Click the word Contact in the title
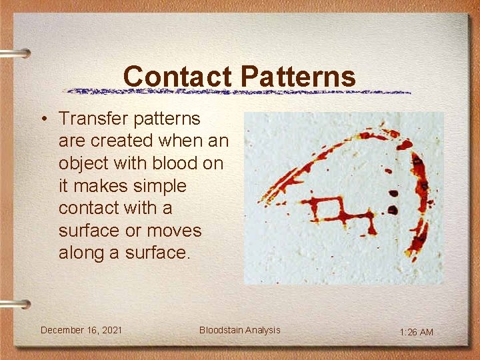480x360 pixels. click(178, 76)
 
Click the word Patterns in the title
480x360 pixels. click(298, 76)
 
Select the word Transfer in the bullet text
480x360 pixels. click(94, 119)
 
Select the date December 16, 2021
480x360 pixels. click(81, 330)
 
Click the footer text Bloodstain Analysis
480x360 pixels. click(239, 330)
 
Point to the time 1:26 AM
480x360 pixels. click(416, 332)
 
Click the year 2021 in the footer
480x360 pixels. click(111, 330)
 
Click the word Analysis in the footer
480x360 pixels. click(262, 330)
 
